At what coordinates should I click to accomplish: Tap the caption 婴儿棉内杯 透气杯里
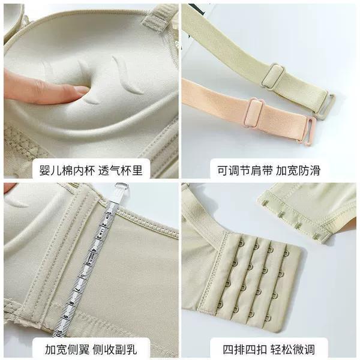(x=91, y=170)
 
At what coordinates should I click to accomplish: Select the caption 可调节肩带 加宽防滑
(x=269, y=170)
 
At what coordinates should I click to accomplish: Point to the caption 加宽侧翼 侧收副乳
(x=91, y=349)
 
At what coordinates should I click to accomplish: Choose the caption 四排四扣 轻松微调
(x=269, y=349)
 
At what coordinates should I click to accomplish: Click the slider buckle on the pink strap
(x=254, y=113)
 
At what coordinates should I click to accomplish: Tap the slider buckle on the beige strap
(x=273, y=77)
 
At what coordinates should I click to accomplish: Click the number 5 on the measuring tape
(x=87, y=265)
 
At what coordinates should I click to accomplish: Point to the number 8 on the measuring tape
(x=72, y=304)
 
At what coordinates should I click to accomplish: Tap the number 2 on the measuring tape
(x=104, y=226)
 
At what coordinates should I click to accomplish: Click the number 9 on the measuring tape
(x=66, y=317)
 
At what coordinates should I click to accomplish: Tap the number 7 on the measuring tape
(x=78, y=290)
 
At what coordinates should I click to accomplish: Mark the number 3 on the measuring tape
(x=99, y=237)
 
